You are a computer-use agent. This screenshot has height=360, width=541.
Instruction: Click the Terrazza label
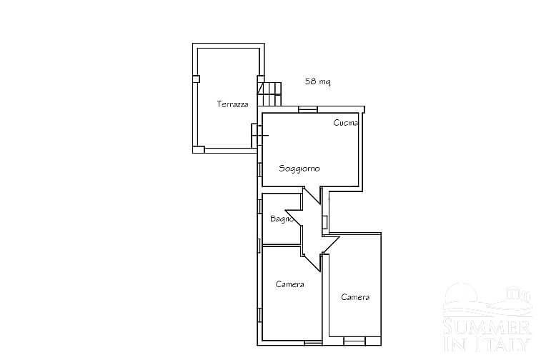point(232,104)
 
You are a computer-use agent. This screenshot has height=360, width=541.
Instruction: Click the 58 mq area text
point(318,81)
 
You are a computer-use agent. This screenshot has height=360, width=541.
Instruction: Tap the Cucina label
point(346,122)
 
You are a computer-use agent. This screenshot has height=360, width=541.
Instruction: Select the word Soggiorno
point(299,169)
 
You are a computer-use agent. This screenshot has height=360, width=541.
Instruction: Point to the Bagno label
point(282,219)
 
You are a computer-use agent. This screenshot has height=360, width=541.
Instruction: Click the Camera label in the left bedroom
point(290,284)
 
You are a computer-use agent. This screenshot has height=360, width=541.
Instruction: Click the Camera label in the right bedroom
point(355,297)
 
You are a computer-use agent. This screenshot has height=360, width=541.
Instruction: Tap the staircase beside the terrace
point(270,94)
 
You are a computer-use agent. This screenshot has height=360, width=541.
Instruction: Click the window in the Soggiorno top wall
point(308,109)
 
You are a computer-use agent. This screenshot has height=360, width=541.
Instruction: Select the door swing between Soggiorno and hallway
point(312,196)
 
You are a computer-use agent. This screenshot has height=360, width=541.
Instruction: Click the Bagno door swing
point(294,217)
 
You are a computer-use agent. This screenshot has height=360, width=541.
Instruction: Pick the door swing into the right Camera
point(331,245)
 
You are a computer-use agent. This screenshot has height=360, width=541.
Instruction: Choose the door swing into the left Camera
point(312,263)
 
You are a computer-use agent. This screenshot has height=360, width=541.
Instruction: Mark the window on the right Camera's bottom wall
point(354,341)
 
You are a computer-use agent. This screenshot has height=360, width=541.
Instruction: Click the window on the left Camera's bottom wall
point(313,343)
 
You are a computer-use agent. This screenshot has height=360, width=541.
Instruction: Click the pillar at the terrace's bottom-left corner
point(199,150)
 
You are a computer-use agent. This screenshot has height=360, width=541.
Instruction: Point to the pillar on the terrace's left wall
point(196,79)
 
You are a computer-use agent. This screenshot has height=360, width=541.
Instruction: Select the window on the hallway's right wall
point(324,222)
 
